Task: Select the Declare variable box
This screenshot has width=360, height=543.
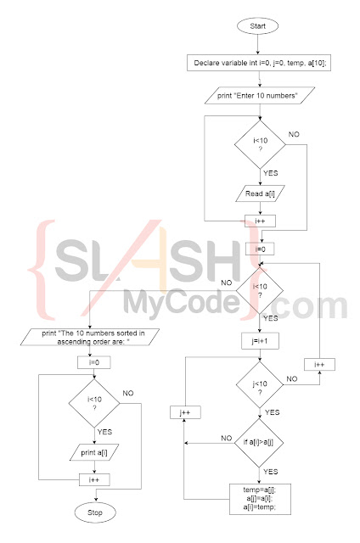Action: point(258,64)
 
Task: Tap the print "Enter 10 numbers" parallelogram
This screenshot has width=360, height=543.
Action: point(258,98)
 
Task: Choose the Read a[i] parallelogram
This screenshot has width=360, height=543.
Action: point(258,193)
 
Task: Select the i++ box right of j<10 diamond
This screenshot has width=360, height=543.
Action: point(319,364)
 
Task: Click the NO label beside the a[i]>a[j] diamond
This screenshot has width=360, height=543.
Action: point(227,438)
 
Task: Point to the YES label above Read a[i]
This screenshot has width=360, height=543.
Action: point(270,172)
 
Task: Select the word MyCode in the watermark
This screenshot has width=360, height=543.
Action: point(178,301)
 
